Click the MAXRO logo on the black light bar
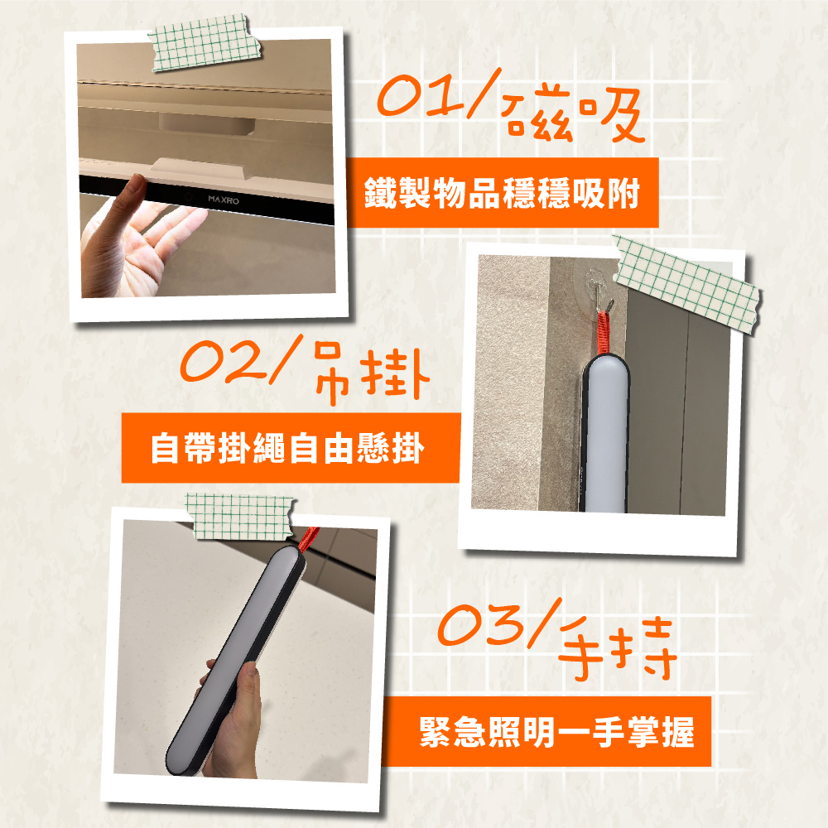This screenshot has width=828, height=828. coord(224,200)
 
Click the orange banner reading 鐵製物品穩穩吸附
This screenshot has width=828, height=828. coord(503,193)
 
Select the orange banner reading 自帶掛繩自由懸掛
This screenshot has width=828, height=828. coord(291,448)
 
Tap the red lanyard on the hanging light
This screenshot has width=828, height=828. coord(604,332)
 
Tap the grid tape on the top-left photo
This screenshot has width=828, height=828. coord(205,43)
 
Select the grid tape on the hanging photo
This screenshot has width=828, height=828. coord(686,284)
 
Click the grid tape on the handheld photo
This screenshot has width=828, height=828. coord(240,517)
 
